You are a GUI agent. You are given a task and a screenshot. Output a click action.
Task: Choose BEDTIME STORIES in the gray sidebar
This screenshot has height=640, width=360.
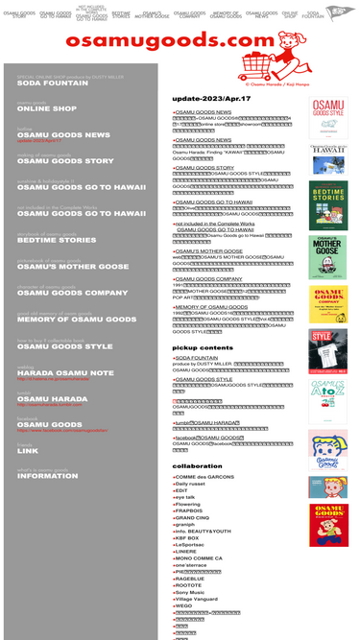[57, 240]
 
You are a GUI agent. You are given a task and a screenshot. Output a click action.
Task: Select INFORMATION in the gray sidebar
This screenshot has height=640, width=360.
[47, 476]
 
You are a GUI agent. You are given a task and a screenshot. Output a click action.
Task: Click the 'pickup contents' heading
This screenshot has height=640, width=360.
[203, 347]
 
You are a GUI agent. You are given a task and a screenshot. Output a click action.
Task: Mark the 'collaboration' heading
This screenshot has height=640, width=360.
[198, 465]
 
